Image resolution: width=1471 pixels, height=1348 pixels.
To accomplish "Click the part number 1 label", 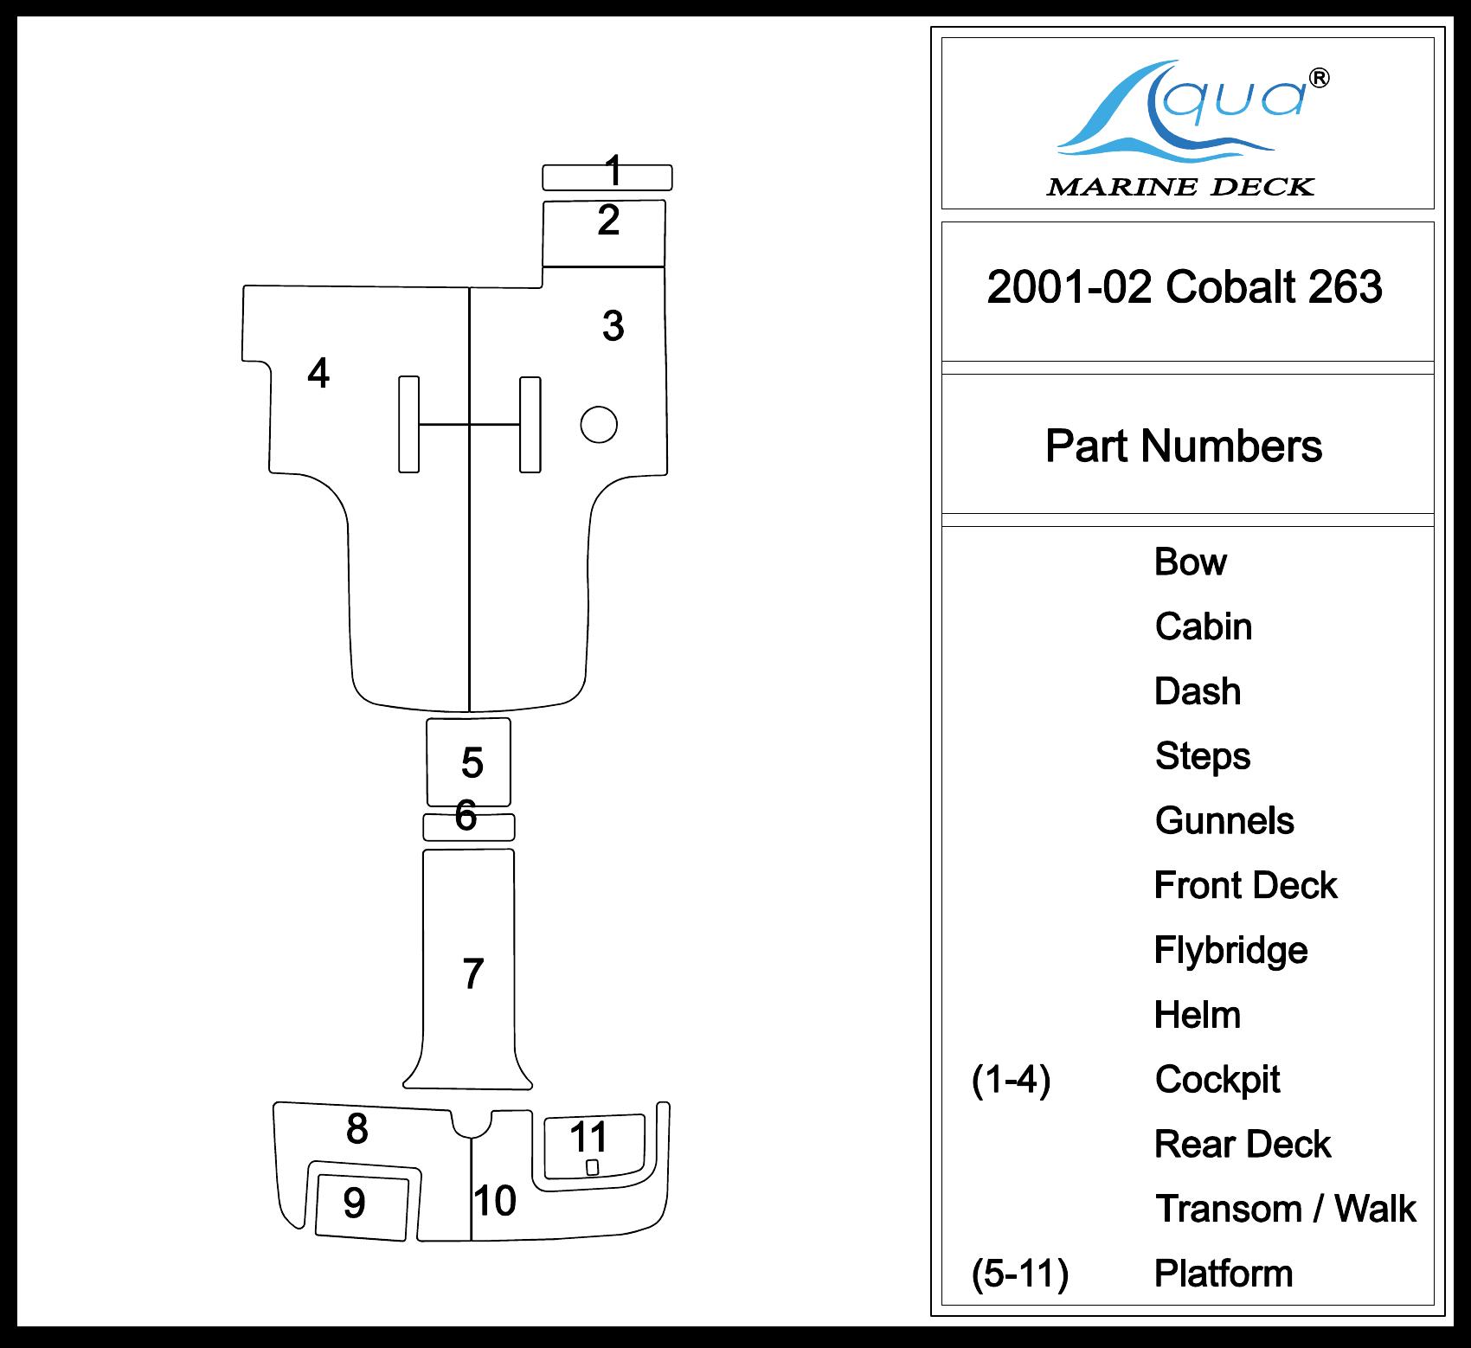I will click(x=613, y=170).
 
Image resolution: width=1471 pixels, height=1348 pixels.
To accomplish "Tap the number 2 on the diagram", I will click(x=608, y=221).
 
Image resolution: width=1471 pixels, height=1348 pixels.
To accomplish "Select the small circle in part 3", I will click(x=599, y=424).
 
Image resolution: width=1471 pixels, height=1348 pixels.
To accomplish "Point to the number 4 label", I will click(x=318, y=373).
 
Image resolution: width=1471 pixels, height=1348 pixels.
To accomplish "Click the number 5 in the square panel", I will click(x=472, y=762).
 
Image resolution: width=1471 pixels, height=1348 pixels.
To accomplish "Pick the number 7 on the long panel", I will click(x=472, y=973).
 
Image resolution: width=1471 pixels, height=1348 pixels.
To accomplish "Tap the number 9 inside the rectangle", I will click(x=354, y=1203).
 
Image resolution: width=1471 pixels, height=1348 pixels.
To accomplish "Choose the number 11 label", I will click(x=589, y=1137).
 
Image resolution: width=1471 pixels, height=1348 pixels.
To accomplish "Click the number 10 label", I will click(x=495, y=1200).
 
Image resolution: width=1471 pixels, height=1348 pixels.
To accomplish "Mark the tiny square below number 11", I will click(x=593, y=1167).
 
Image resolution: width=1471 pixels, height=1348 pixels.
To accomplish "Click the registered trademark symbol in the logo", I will click(x=1320, y=79).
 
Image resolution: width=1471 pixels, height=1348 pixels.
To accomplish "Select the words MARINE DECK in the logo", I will click(x=1180, y=187).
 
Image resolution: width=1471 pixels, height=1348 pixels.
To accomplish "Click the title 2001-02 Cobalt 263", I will click(x=1185, y=287).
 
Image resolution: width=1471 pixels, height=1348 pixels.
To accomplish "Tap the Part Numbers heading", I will click(x=1184, y=446).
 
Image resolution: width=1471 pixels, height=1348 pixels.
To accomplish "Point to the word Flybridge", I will click(x=1230, y=950).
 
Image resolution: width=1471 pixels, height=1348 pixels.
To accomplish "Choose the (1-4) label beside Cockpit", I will click(x=1011, y=1080).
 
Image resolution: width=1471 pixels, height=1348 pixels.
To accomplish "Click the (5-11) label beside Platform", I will click(x=1020, y=1274).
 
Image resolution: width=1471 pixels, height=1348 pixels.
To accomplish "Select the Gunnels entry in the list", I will click(x=1224, y=820).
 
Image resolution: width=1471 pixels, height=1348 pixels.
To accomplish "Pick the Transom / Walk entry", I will click(x=1286, y=1209).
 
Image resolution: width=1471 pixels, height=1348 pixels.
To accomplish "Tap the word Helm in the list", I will click(x=1198, y=1015).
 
